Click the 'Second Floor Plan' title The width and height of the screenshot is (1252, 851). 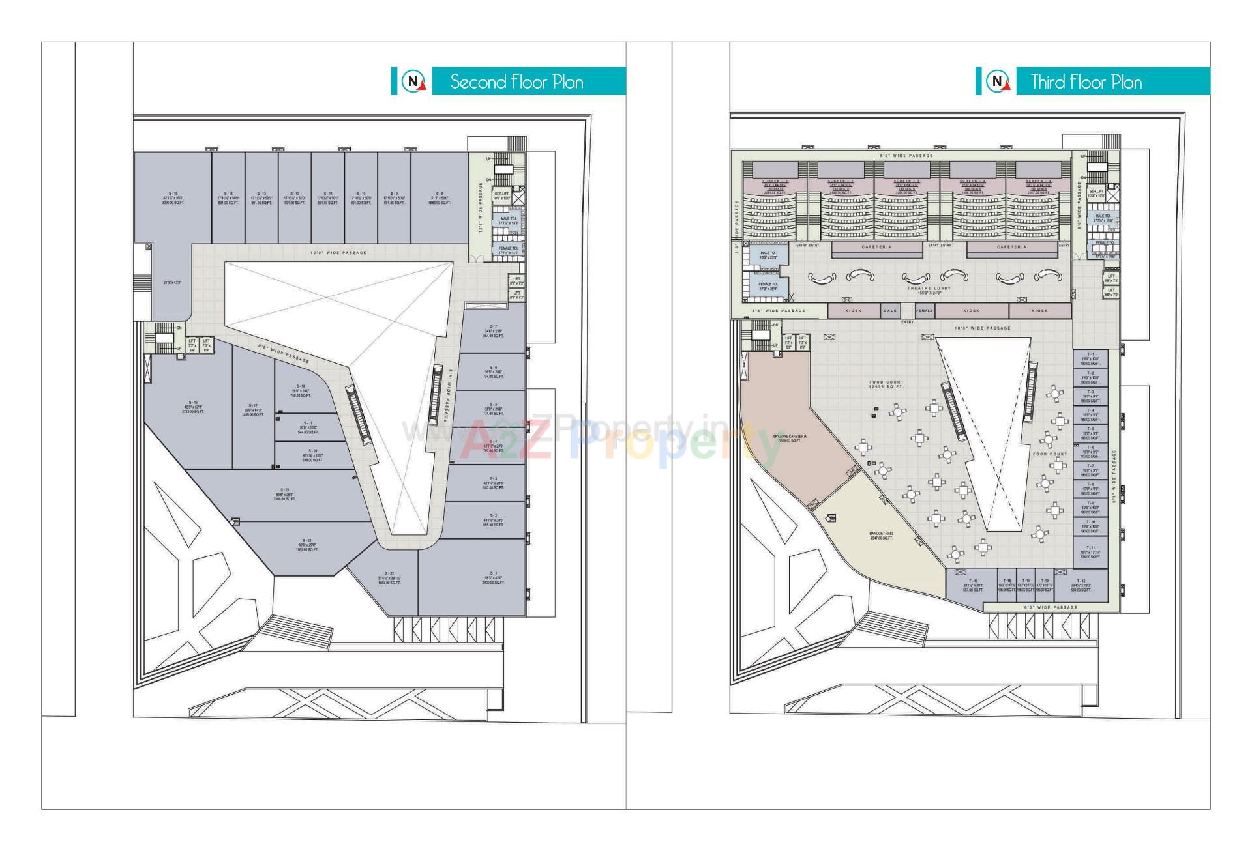(x=516, y=82)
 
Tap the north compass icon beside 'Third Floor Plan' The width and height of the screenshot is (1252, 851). (x=998, y=82)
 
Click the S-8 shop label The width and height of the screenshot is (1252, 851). (x=440, y=198)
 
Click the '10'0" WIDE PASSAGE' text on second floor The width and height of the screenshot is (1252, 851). (x=338, y=253)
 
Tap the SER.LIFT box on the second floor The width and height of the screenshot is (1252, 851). (x=502, y=195)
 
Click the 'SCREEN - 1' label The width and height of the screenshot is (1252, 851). (x=775, y=181)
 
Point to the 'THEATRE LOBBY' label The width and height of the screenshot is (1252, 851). (x=929, y=288)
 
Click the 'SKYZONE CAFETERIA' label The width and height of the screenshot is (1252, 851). (x=790, y=438)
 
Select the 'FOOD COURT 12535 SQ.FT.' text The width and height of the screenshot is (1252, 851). (x=886, y=384)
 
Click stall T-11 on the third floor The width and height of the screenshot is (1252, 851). (x=1090, y=552)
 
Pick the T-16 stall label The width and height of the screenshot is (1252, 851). (x=973, y=584)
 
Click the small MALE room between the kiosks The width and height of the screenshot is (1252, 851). (x=890, y=311)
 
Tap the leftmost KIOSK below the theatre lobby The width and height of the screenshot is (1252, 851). (x=853, y=311)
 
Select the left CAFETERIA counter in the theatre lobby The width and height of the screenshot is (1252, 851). (x=876, y=248)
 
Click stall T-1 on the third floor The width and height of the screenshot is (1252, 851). (x=1090, y=358)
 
